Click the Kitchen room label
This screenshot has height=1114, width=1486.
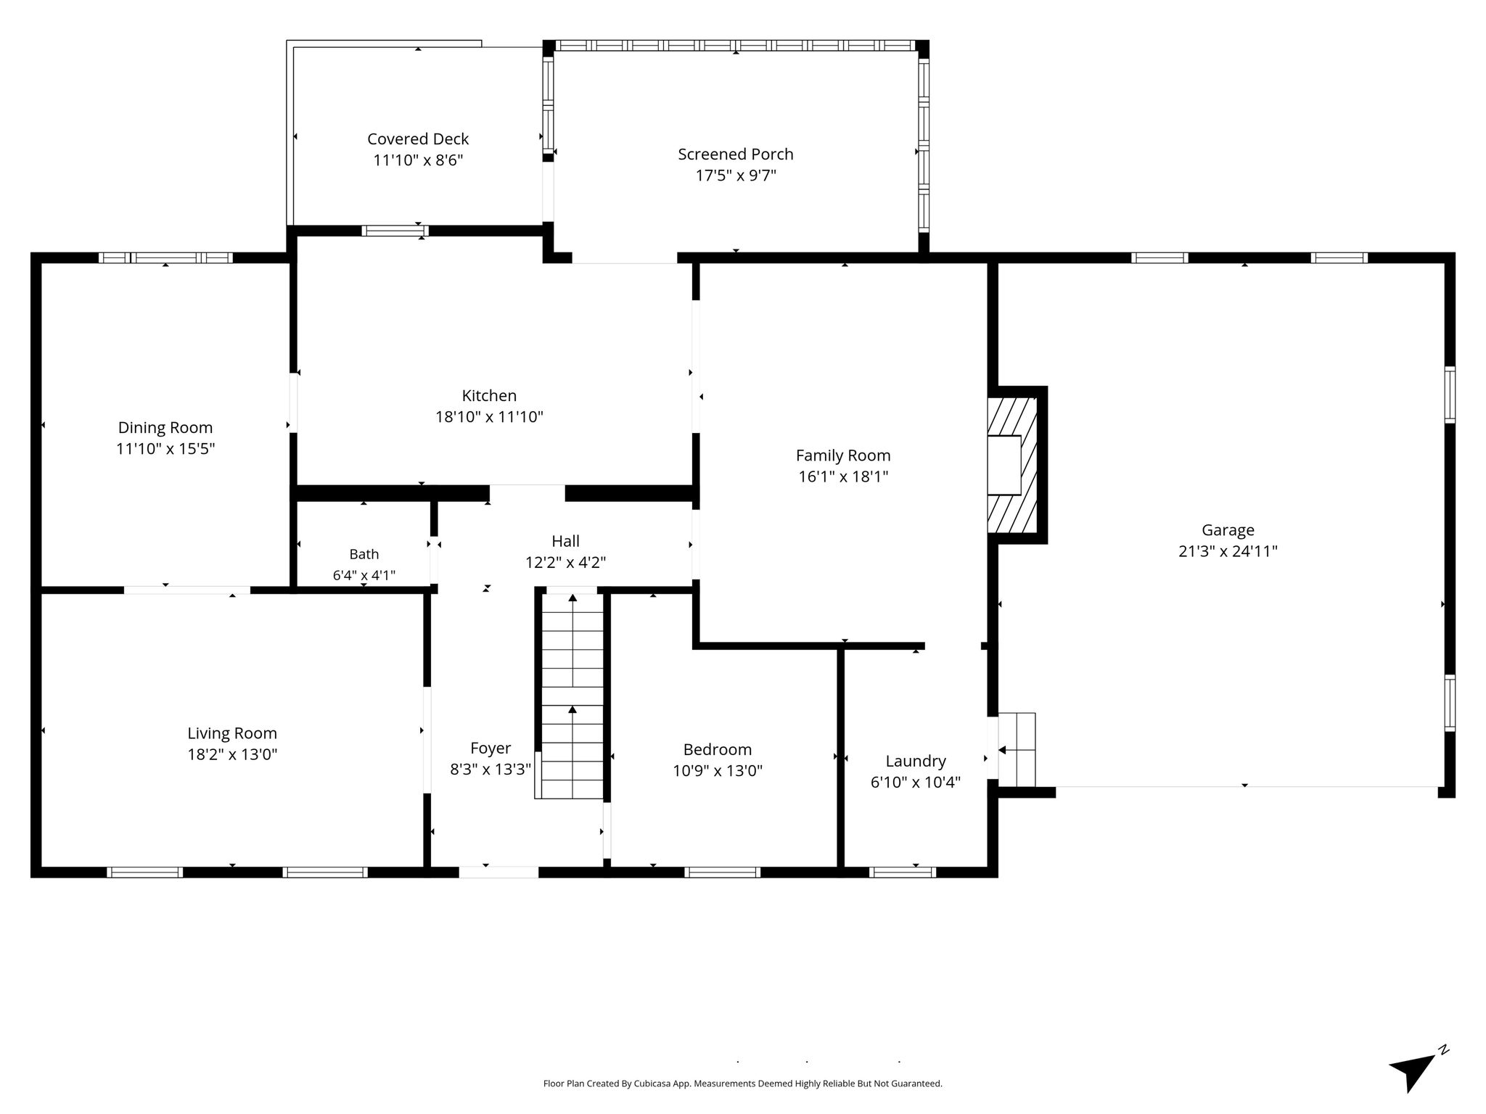click(489, 396)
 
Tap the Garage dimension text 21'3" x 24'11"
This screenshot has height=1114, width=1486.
click(1228, 551)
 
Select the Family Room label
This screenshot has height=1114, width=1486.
click(843, 455)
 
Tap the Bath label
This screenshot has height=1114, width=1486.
click(364, 554)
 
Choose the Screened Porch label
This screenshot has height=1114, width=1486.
click(736, 154)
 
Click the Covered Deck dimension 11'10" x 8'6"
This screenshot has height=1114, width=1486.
click(418, 160)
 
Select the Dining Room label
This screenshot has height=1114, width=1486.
click(165, 428)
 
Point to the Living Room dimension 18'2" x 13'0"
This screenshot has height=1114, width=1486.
click(232, 755)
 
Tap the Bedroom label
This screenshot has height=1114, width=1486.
click(718, 750)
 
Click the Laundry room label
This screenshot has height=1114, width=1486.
click(916, 762)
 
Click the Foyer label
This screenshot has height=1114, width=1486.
click(490, 748)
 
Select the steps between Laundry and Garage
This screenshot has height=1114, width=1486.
click(1017, 749)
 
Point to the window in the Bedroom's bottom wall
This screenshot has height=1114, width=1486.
click(722, 872)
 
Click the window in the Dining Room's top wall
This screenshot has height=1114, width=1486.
click(165, 257)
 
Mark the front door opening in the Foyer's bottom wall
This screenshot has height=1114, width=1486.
click(499, 872)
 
